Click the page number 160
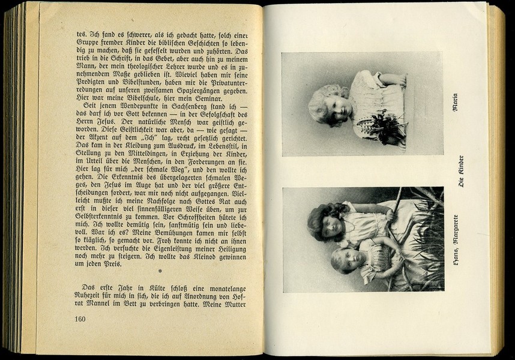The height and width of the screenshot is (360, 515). (x=80, y=319)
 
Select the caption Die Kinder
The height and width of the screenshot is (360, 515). (x=461, y=172)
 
